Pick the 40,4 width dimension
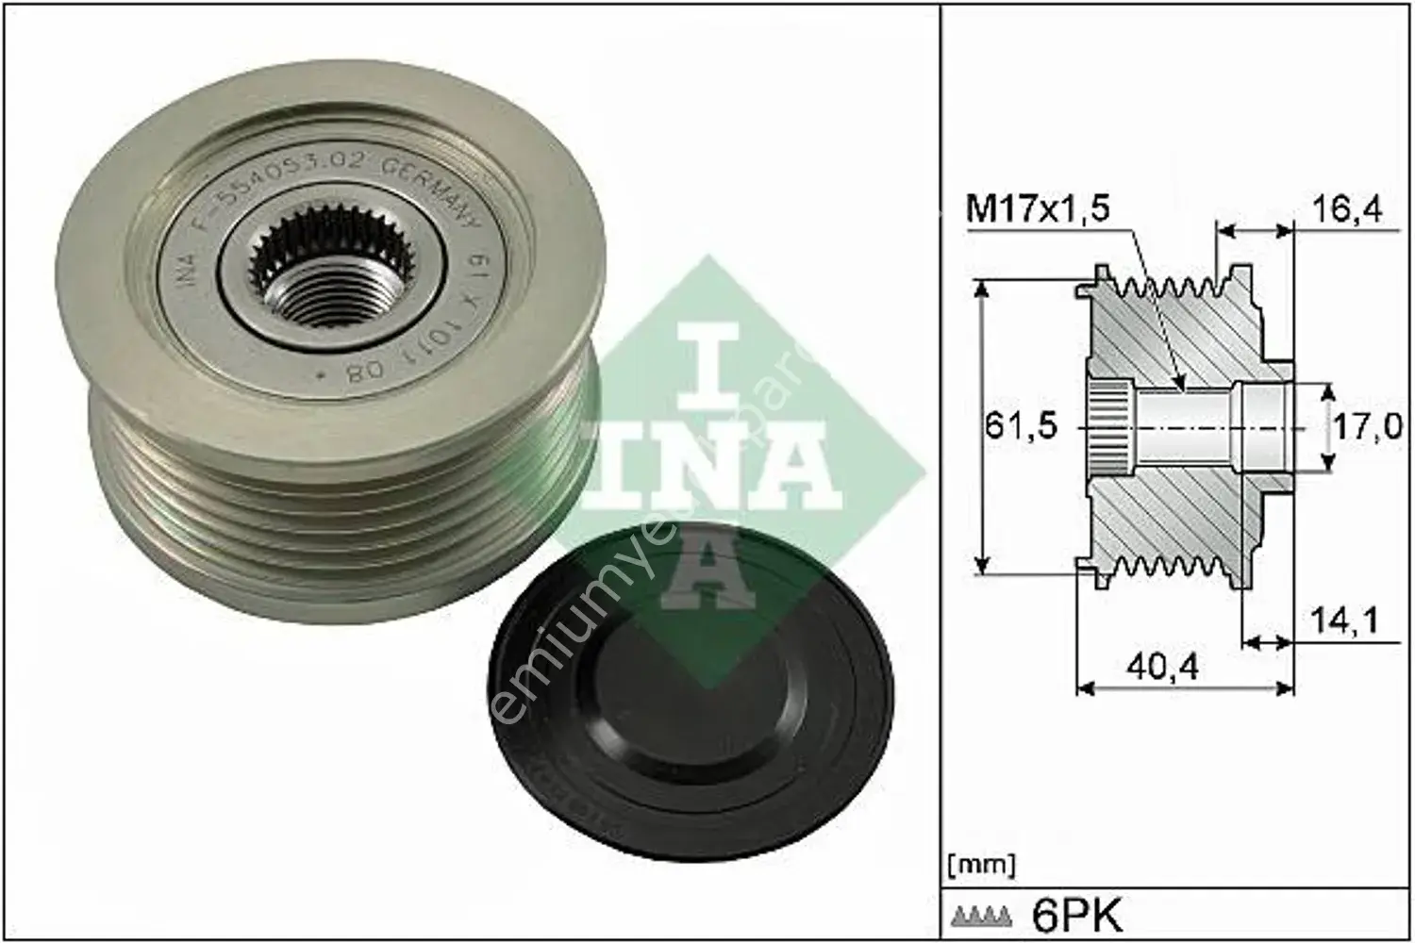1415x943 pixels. click(x=1165, y=667)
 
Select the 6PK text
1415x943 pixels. click(x=1076, y=913)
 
